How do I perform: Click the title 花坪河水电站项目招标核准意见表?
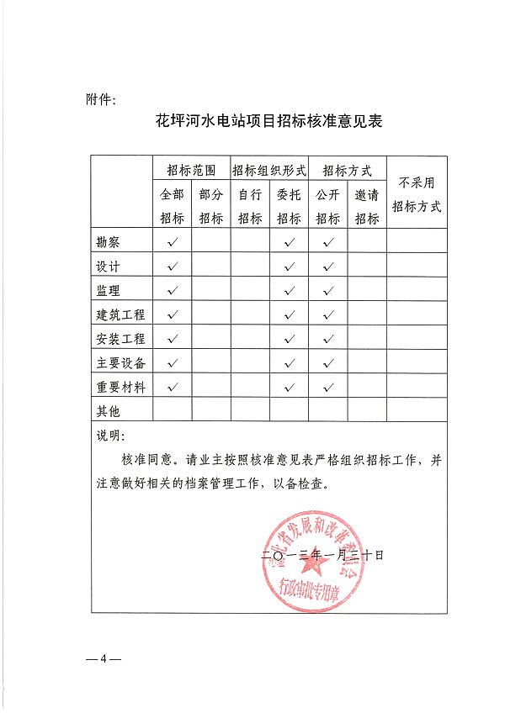(269, 121)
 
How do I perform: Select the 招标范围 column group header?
(191, 169)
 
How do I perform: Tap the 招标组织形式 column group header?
(269, 169)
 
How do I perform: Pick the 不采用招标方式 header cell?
(417, 194)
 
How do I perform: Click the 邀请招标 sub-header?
(366, 206)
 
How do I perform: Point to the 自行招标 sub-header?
(250, 206)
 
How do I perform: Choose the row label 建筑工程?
(121, 314)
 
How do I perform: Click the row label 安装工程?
(121, 339)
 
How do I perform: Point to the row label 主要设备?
(121, 363)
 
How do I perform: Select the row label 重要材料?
(121, 388)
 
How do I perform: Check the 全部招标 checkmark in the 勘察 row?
(172, 242)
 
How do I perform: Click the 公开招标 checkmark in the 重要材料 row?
(328, 388)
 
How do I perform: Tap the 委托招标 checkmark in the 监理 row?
(289, 291)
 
